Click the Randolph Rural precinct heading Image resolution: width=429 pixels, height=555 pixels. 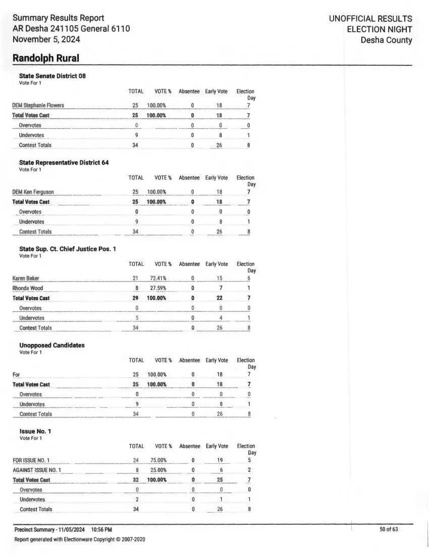pyautogui.click(x=46, y=58)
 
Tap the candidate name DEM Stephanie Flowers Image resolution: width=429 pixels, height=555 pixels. pyautogui.click(x=38, y=105)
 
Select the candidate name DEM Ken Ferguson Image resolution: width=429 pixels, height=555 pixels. pyautogui.click(x=33, y=192)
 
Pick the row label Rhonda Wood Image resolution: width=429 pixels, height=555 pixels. pyautogui.click(x=28, y=288)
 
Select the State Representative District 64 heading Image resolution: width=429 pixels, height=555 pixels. pyautogui.click(x=64, y=162)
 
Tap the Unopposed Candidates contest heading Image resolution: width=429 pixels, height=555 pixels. pyautogui.click(x=52, y=345)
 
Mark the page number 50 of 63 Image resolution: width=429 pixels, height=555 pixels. pyautogui.click(x=389, y=529)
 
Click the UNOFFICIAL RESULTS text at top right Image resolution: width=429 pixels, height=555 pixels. pyautogui.click(x=370, y=19)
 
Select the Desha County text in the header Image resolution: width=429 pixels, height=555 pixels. pyautogui.click(x=386, y=40)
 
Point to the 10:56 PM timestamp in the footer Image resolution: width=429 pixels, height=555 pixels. pyautogui.click(x=101, y=529)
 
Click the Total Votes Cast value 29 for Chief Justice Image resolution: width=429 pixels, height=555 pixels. pyautogui.click(x=135, y=298)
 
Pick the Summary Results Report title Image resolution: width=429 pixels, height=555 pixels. pyautogui.click(x=58, y=18)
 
